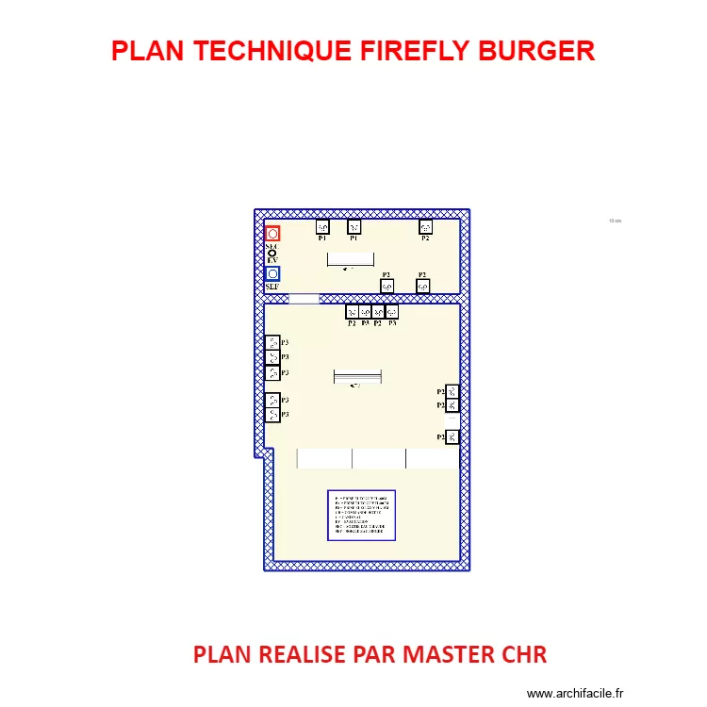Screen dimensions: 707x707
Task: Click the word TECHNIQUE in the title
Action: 274,51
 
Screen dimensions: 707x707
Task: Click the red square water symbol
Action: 272,234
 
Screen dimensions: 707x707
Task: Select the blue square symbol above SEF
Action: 272,274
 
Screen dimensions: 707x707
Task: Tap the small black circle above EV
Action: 272,254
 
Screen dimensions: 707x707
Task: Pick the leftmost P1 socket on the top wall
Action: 321,226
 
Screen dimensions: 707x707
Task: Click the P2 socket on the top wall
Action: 425,226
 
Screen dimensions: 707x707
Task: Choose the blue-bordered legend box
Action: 361,515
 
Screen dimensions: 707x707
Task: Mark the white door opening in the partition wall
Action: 304,299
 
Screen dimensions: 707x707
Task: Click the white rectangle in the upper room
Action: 350,258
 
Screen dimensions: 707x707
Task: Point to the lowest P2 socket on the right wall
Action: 452,436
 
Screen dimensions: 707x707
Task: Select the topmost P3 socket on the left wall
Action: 271,342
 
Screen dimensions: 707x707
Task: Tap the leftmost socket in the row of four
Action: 352,311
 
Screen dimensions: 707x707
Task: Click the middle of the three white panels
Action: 379,458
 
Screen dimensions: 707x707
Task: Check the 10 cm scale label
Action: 615,221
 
